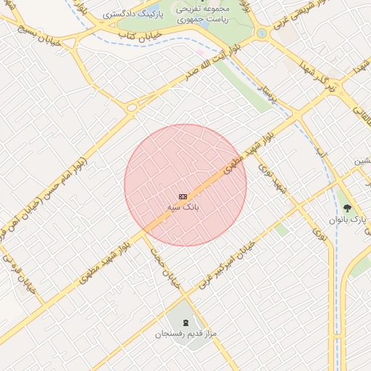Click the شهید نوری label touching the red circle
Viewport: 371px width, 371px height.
(276, 178)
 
